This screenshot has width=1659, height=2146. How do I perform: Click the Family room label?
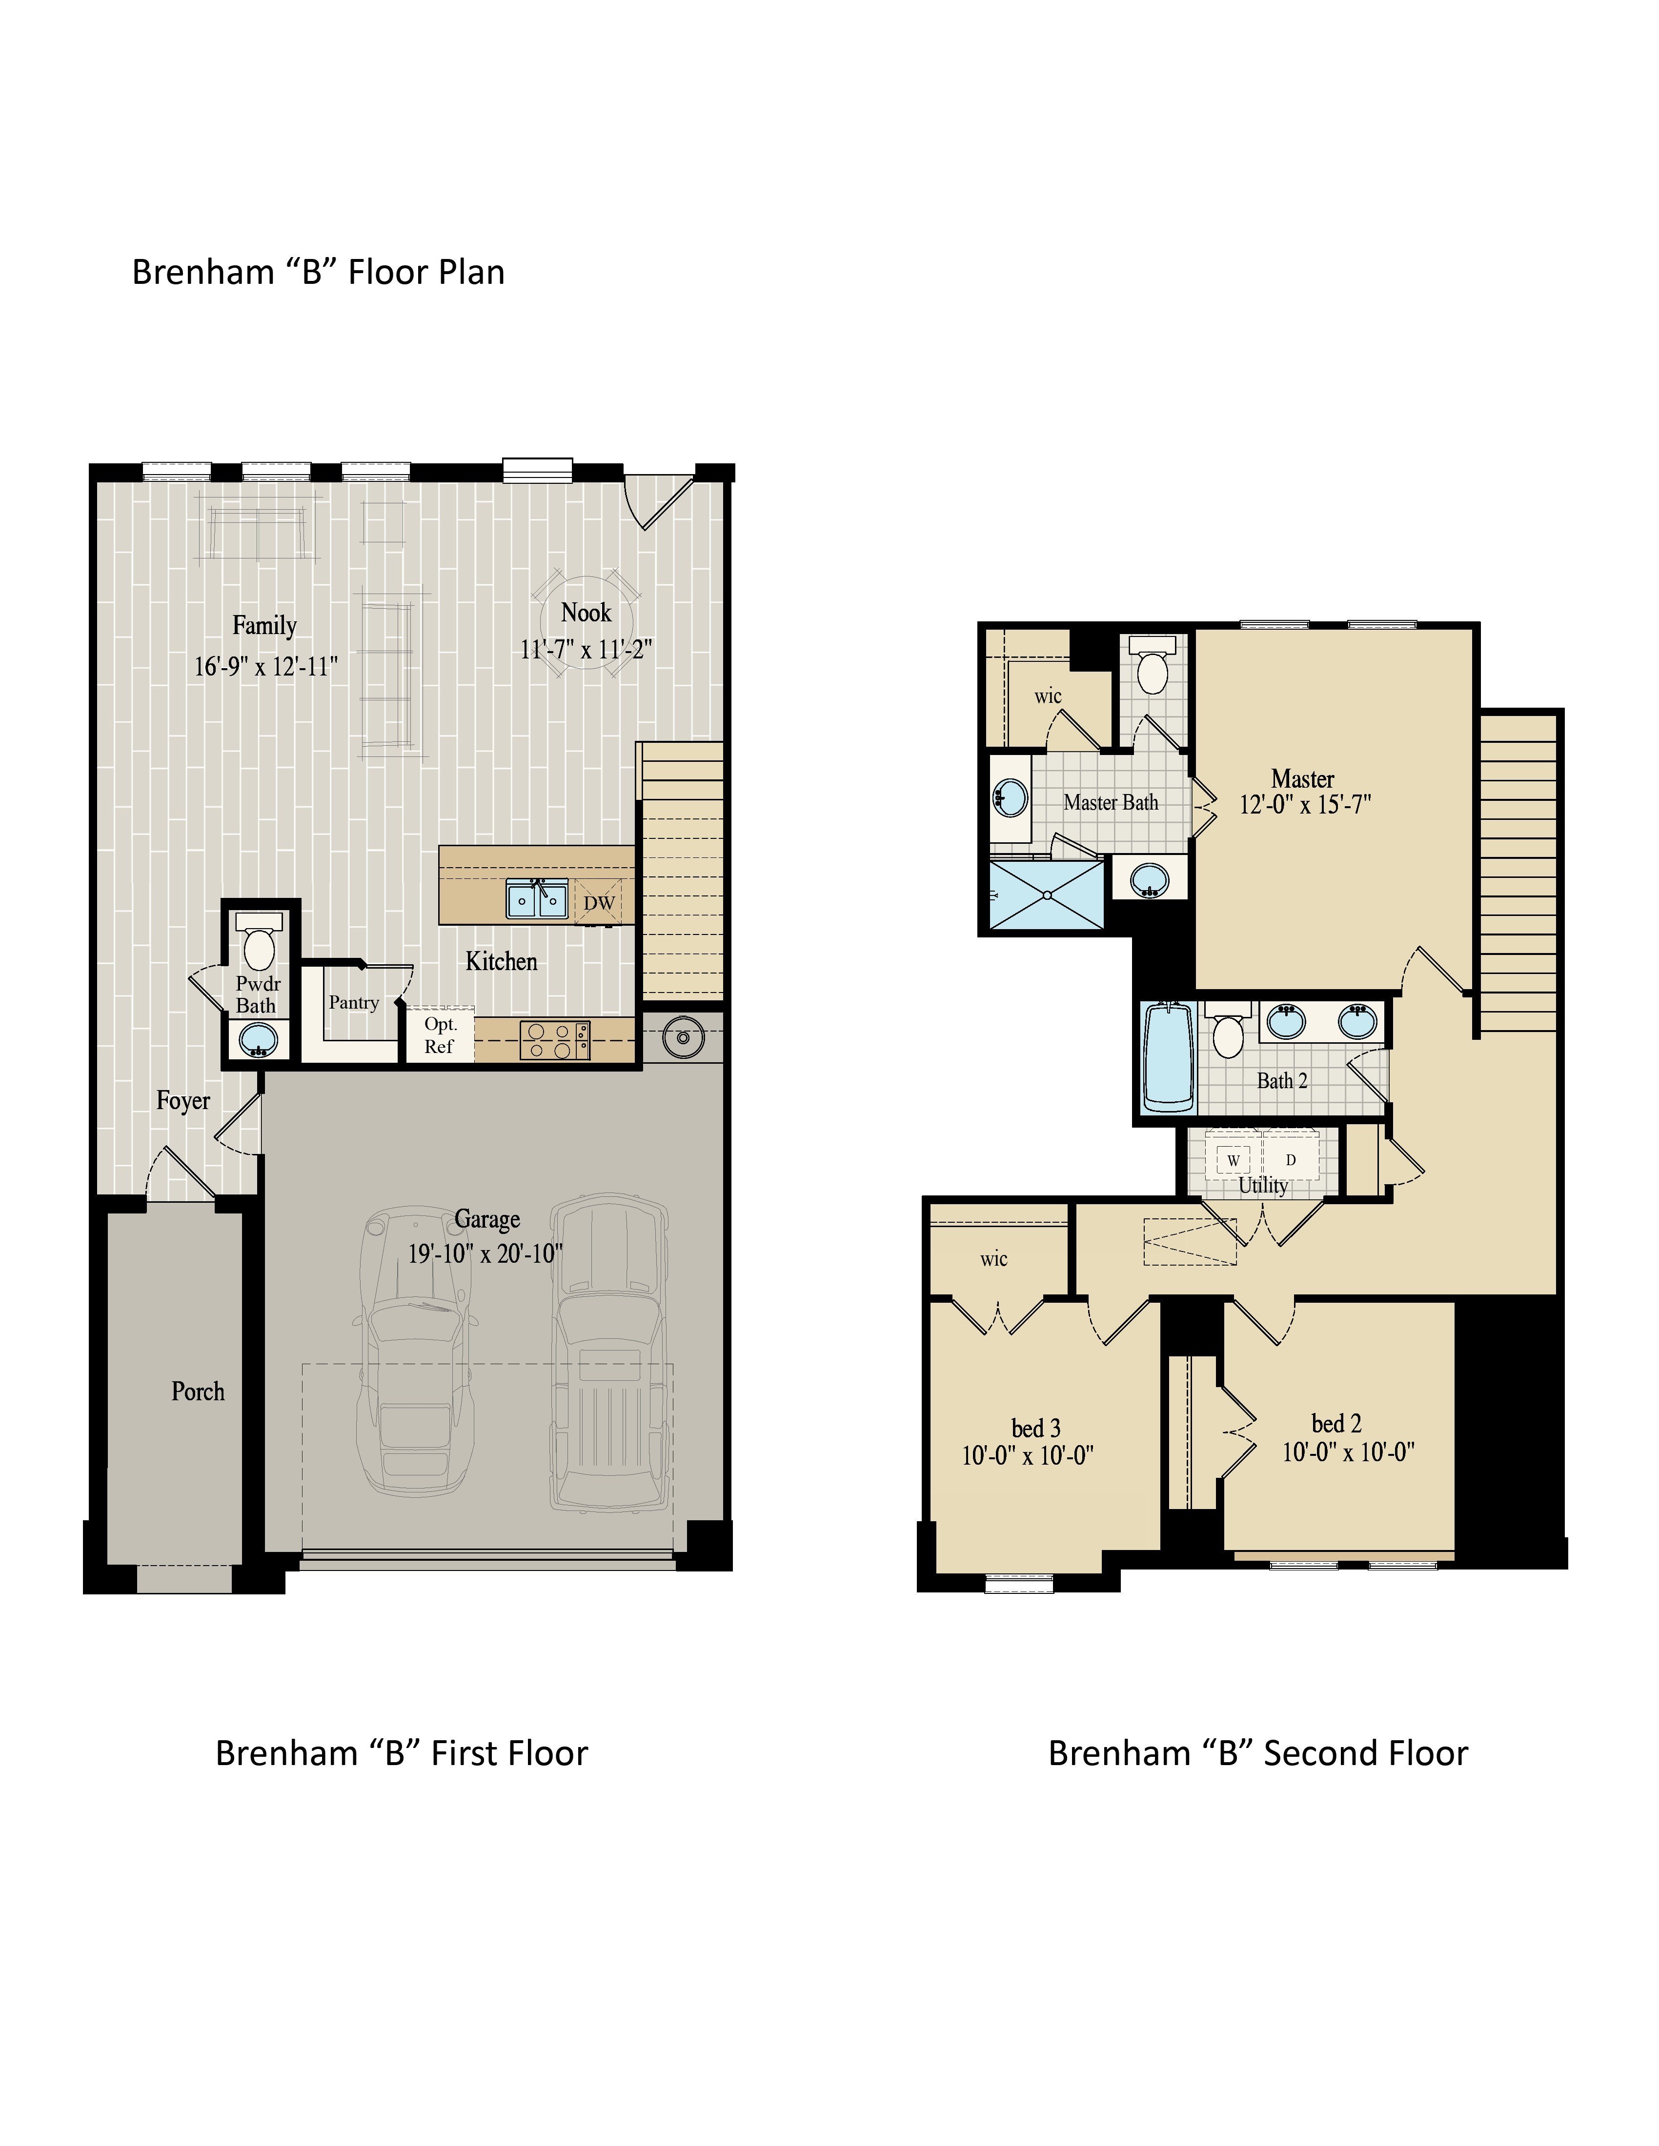click(264, 625)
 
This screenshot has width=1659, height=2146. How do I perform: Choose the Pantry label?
click(354, 1002)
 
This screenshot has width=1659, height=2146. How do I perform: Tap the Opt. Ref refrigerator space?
click(439, 1035)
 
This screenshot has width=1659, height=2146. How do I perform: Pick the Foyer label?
click(183, 1100)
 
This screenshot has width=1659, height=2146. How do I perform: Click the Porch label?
click(198, 1391)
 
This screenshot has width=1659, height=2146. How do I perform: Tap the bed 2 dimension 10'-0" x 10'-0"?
click(1349, 1451)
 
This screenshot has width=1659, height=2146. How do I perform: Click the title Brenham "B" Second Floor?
click(1258, 1753)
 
